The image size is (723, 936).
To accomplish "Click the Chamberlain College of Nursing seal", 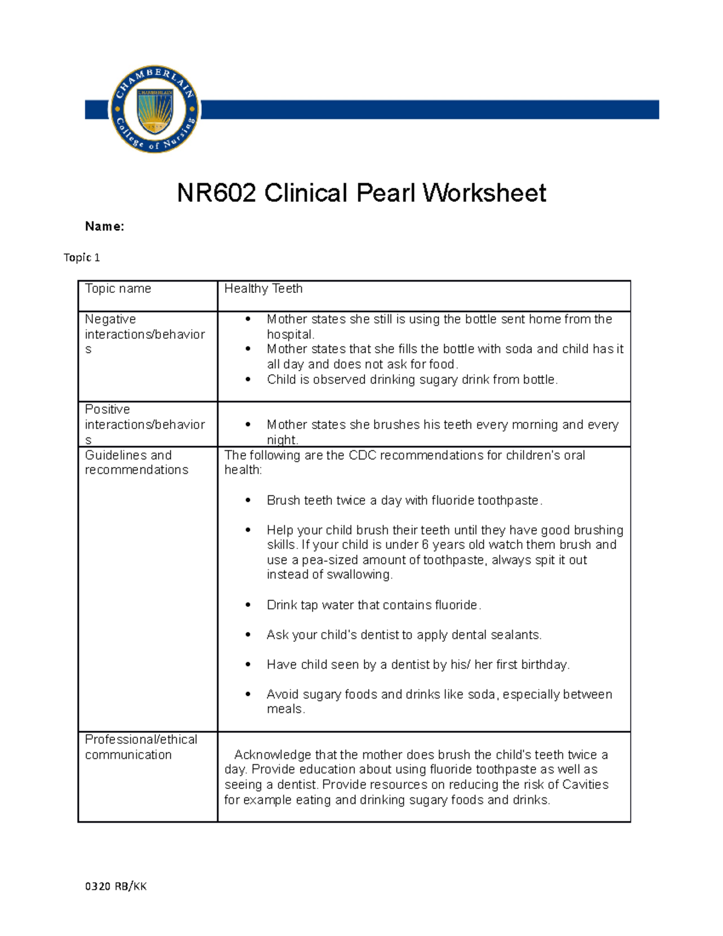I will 155,109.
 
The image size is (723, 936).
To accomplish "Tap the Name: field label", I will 104,227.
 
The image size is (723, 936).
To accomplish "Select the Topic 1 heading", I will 82,257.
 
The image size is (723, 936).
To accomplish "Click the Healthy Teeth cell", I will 263,289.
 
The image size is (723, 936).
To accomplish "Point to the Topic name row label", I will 118,289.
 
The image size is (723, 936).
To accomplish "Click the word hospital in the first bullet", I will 290,335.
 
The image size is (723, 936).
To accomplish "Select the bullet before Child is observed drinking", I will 248,380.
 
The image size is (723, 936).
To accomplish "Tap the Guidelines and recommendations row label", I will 136,462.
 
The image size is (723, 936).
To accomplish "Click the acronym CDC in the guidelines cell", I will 362,455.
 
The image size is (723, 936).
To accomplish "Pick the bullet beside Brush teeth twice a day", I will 248,500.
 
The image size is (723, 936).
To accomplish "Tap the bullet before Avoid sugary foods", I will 248,694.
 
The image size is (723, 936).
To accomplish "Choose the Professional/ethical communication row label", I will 140,747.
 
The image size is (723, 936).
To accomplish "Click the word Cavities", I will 585,785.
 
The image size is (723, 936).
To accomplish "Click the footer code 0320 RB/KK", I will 116,886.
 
